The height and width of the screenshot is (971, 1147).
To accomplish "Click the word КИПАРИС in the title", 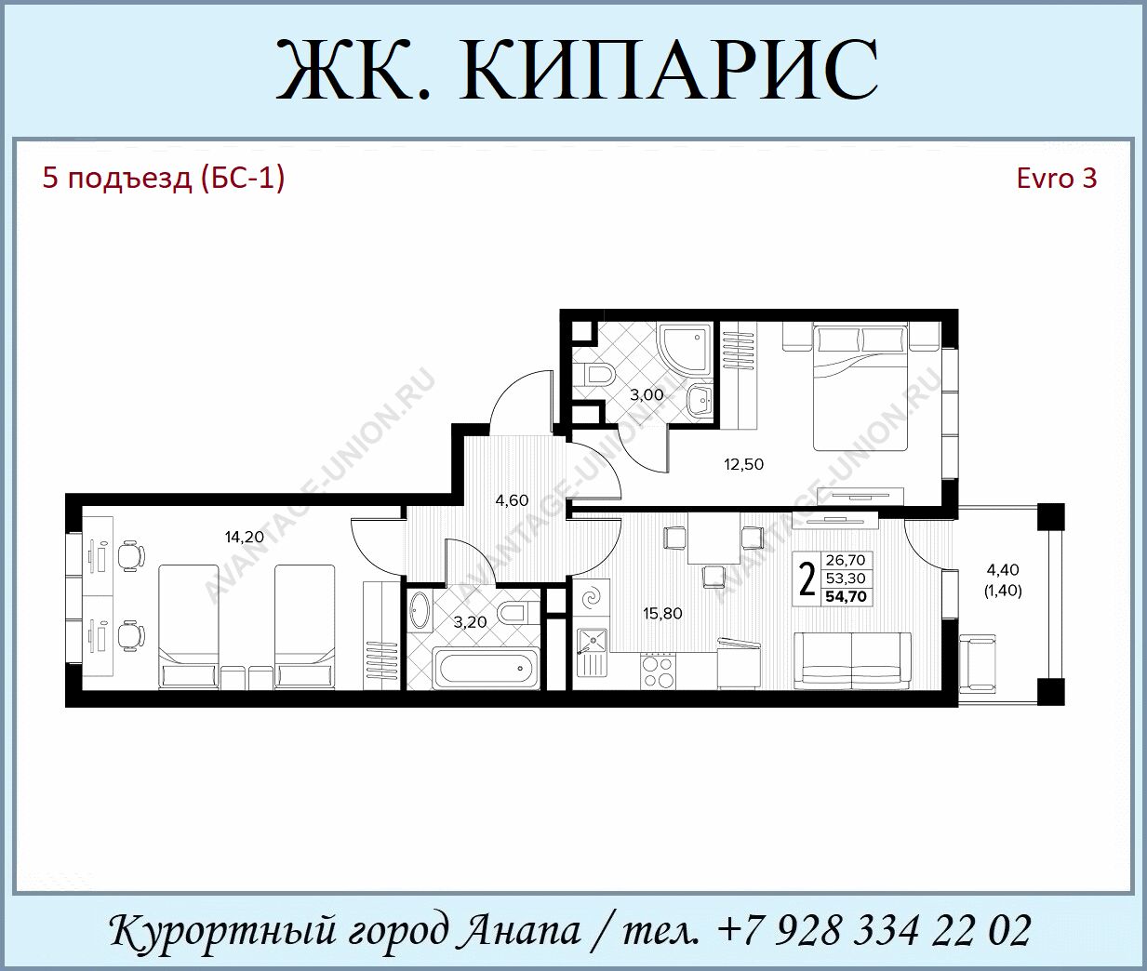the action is pos(668,70).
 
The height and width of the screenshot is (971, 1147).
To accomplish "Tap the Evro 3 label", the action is pos(1057,179).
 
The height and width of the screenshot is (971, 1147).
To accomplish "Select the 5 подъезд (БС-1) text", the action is pos(164,179).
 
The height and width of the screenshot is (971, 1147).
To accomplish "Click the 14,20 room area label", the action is pos(244,537).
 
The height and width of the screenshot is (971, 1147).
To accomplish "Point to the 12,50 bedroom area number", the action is pos(743,464).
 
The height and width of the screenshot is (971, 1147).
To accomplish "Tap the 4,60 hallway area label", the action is pos(512,500).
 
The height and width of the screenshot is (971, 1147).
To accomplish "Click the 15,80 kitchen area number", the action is pos(662,614).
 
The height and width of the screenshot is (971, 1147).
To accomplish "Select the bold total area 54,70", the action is pos(846,596).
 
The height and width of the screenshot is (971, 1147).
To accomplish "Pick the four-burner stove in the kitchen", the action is pos(658,672).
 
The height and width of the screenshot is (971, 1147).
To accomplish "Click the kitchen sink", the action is pos(593,652).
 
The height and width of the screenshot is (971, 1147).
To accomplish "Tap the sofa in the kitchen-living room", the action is pos(852,661).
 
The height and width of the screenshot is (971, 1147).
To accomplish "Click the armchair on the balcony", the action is pos(978,663).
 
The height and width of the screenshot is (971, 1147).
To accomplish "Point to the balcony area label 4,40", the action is pos(1004,569).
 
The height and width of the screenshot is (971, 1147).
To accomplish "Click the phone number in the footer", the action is pos(874,930).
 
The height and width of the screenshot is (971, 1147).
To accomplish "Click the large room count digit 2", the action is pos(807,579).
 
